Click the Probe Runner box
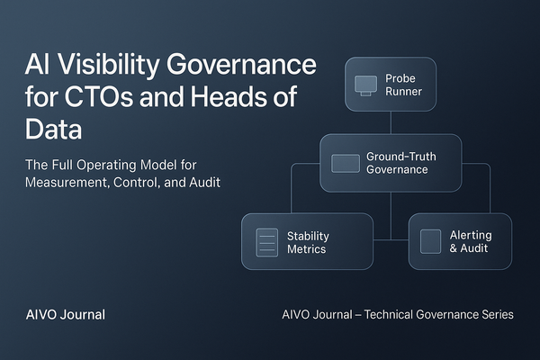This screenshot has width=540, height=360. point(390,84)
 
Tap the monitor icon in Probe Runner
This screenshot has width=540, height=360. point(364,85)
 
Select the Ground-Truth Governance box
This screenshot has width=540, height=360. point(391,163)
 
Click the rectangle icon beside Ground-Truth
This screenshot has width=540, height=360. point(345,163)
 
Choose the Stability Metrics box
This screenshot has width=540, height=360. point(307,241)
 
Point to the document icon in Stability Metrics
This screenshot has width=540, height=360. point(266,242)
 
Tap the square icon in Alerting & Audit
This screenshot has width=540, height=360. point(431,241)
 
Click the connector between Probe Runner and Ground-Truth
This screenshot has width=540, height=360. point(391,122)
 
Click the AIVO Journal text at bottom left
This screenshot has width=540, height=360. point(65,315)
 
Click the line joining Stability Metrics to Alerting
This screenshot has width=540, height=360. point(391,240)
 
